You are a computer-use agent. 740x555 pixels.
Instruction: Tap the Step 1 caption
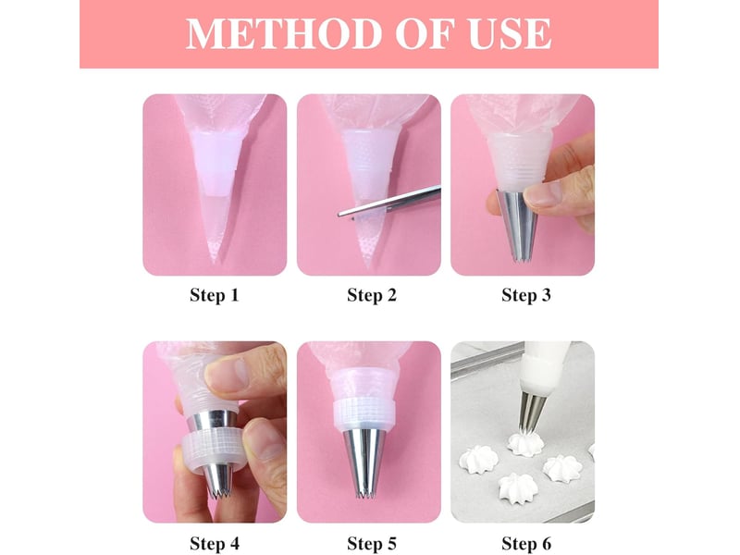[x=215, y=295]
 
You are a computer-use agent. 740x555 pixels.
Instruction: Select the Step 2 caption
[x=372, y=295]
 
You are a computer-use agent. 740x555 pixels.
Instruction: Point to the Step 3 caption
[x=525, y=295]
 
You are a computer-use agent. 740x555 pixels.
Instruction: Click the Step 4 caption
[x=215, y=543]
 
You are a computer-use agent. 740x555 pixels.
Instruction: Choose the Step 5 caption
[x=372, y=543]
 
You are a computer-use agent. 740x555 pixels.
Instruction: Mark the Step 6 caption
[x=525, y=543]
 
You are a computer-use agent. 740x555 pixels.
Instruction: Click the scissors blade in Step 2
[x=389, y=202]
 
